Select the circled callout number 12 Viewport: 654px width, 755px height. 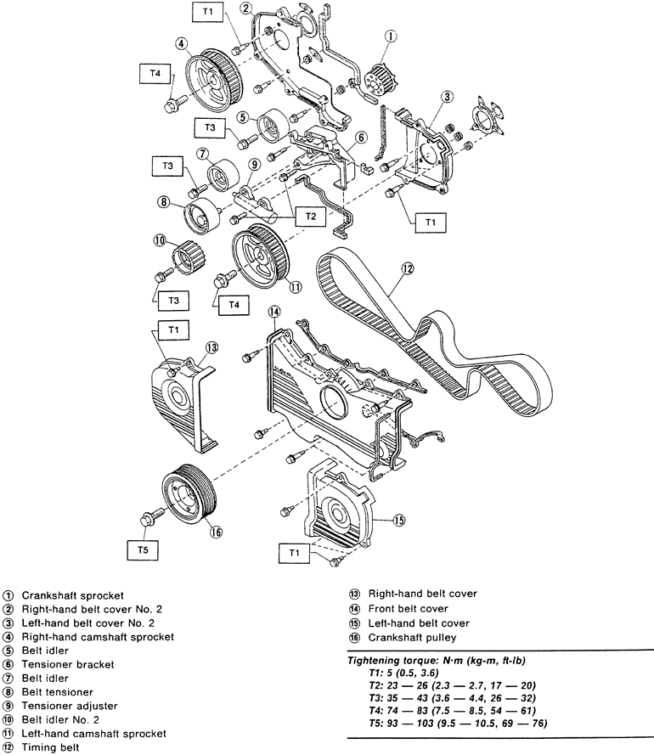point(408,269)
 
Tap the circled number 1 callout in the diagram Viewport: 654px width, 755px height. point(390,36)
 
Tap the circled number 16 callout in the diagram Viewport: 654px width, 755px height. point(217,532)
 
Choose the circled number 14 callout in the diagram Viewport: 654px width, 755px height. point(274,313)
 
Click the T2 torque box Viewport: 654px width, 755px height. point(311,217)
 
